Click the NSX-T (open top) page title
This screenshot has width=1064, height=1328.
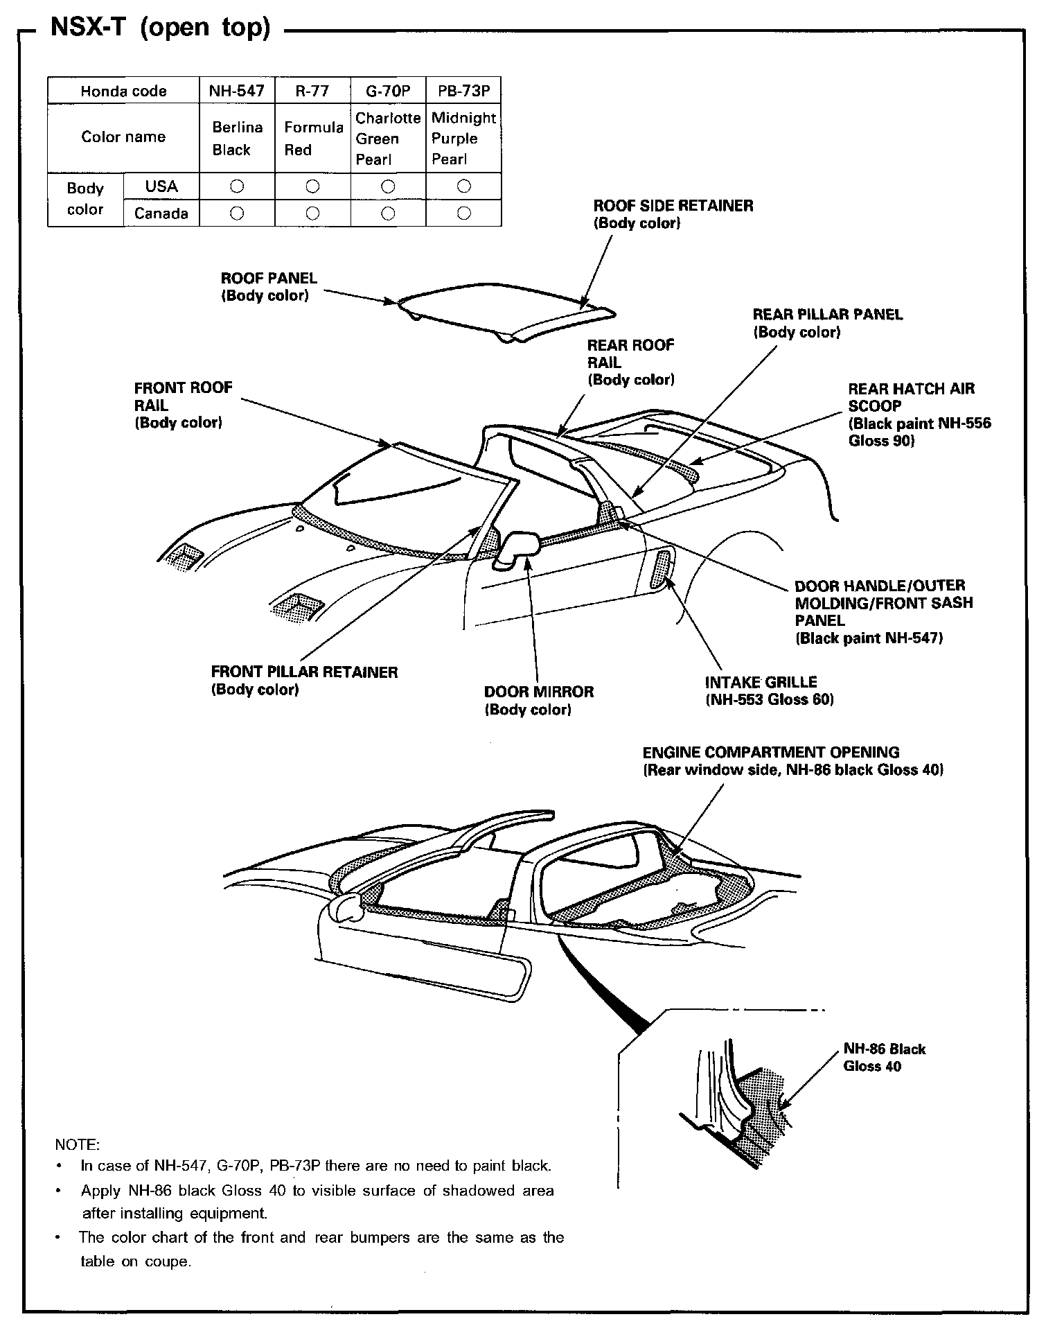tap(160, 28)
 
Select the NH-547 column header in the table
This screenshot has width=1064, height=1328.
tap(236, 91)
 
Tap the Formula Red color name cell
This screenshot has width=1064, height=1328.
tap(313, 138)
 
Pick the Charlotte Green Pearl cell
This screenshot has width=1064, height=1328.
tap(388, 138)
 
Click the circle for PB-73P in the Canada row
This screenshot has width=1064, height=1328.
tap(464, 213)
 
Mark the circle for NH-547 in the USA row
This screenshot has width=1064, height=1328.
tap(237, 186)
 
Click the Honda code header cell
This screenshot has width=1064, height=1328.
tap(123, 91)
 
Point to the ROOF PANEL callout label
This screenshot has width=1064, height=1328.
tap(269, 286)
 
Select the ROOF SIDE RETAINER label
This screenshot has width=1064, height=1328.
tap(673, 213)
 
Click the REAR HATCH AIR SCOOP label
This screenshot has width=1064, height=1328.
tap(919, 414)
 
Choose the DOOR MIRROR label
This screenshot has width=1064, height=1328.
tap(538, 700)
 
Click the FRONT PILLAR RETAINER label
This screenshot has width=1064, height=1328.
tap(304, 680)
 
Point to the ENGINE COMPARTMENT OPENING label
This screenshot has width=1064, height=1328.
tap(792, 760)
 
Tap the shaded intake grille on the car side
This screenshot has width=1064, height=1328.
tap(662, 567)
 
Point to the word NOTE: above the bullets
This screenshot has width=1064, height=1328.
tap(77, 1143)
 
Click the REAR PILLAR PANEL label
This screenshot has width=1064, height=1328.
tap(827, 323)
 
